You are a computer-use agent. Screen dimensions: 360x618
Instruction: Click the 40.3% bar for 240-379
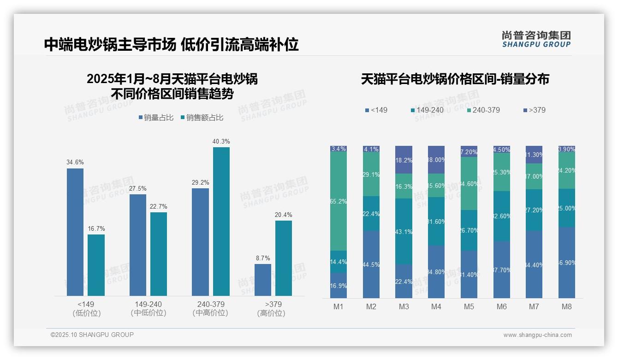(x=221, y=222)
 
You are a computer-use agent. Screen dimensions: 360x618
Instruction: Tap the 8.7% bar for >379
(x=263, y=280)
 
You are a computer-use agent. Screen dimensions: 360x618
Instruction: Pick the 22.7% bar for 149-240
(x=159, y=254)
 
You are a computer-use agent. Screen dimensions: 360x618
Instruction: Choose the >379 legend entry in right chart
(x=535, y=110)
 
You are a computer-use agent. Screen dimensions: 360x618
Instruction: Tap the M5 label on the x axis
(x=469, y=306)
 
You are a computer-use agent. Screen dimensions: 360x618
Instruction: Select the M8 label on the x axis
(x=567, y=306)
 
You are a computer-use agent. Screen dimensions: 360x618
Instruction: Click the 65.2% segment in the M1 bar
(x=339, y=201)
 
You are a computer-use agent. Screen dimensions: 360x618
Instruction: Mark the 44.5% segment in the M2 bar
(x=371, y=264)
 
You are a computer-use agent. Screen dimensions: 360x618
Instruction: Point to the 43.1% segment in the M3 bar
(x=404, y=231)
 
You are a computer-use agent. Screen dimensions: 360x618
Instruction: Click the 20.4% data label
(x=284, y=215)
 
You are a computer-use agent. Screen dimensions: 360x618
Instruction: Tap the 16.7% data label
(x=96, y=229)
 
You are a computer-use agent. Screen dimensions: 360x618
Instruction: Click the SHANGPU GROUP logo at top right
(x=536, y=39)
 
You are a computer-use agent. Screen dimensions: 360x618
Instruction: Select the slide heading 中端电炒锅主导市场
(x=110, y=44)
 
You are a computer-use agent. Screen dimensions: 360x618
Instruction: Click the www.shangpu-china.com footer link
(x=537, y=335)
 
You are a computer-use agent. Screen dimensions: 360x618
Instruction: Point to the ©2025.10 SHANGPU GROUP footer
(x=92, y=335)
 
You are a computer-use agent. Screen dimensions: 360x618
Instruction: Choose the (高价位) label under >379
(x=271, y=313)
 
